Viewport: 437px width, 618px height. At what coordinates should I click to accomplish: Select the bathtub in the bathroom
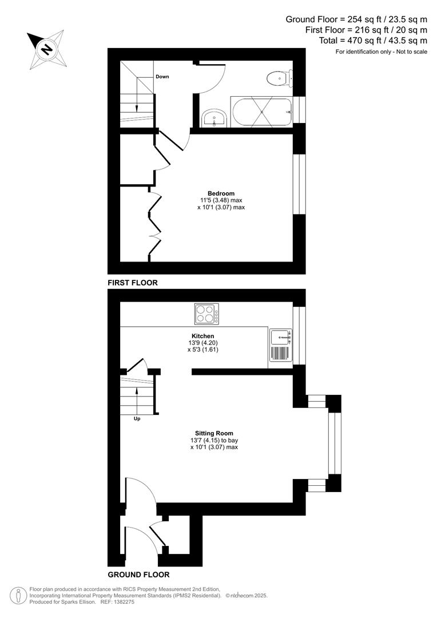261,113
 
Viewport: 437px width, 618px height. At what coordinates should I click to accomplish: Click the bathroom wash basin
216,118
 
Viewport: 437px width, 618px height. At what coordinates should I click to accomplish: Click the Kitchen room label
203,336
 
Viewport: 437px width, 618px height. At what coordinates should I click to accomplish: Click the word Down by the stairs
162,77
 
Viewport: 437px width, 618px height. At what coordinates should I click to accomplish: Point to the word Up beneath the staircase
137,418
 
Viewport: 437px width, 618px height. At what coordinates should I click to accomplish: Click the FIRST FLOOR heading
132,283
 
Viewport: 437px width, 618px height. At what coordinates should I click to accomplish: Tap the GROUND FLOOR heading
138,575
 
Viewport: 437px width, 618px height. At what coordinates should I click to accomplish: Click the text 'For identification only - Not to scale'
381,52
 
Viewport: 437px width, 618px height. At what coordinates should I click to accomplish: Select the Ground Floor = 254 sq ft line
356,19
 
